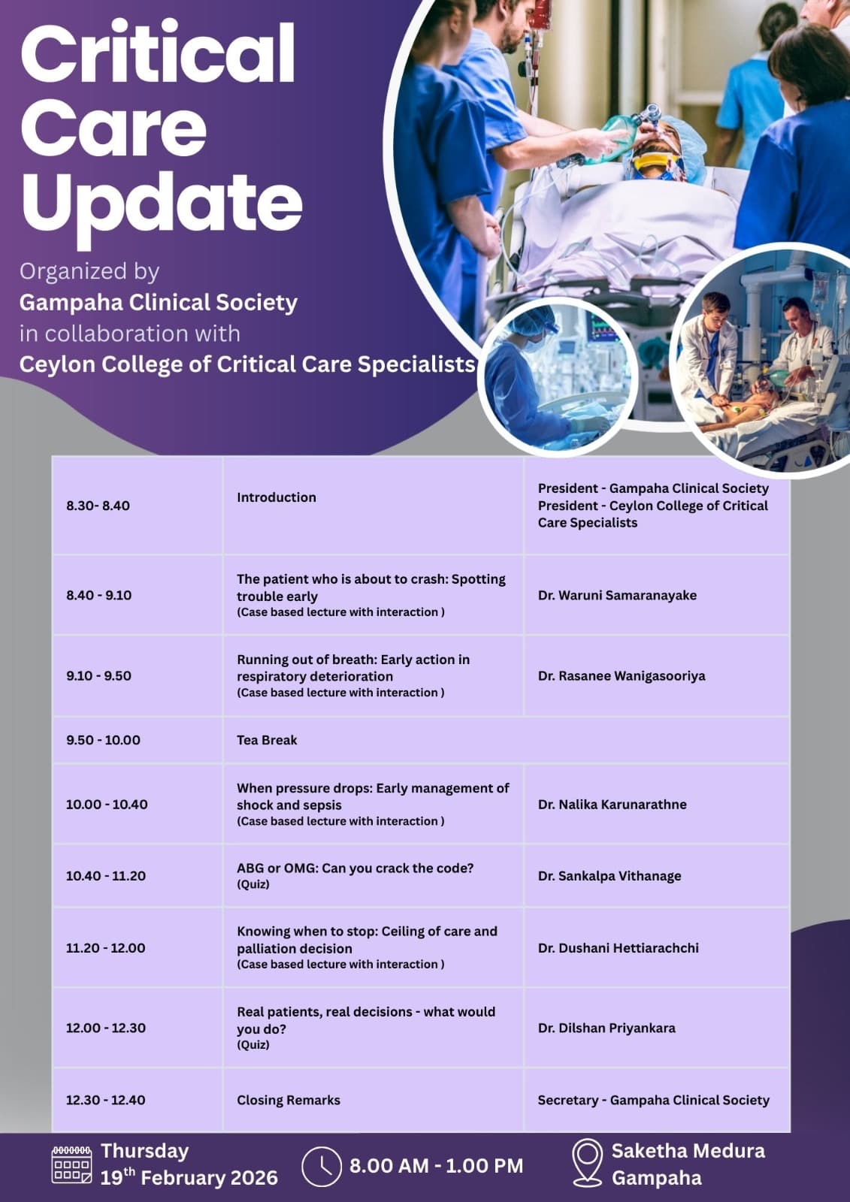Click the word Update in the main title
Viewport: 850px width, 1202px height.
tap(162, 201)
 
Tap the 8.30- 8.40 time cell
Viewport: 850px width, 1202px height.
tap(98, 506)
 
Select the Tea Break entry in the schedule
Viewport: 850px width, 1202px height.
tap(267, 740)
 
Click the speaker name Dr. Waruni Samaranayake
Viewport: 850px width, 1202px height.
tap(617, 595)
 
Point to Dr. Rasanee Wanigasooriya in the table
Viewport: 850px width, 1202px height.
tap(622, 675)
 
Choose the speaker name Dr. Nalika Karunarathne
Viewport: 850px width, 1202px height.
tap(612, 804)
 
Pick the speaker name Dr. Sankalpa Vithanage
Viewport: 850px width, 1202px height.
tap(610, 876)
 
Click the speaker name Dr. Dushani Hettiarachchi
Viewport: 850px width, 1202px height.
tap(618, 948)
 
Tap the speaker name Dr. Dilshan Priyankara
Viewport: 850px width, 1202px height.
tap(606, 1028)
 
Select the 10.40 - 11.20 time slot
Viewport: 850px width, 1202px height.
tap(106, 876)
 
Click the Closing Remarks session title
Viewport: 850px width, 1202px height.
tap(289, 1100)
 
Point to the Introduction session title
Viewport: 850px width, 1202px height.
tap(277, 497)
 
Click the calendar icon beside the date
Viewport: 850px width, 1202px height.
tap(71, 1165)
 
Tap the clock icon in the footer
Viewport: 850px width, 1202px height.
tap(321, 1167)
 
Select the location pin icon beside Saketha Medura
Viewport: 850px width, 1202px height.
tap(587, 1163)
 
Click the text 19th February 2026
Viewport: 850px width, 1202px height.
tap(189, 1177)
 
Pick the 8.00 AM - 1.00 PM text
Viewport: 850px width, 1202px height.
tap(436, 1166)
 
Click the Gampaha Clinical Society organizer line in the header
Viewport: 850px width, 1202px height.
tap(159, 302)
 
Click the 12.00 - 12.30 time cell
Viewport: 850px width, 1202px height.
tap(106, 1028)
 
